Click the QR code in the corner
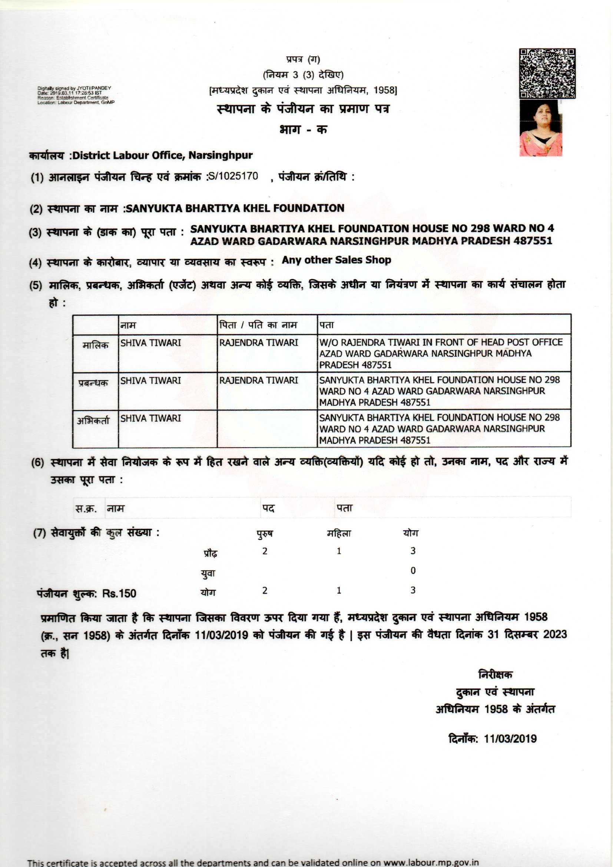pyautogui.click(x=547, y=73)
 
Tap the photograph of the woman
pyautogui.click(x=540, y=128)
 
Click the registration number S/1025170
pyautogui.click(x=233, y=176)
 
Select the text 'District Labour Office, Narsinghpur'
pyautogui.click(x=162, y=155)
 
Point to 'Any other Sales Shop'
pyautogui.click(x=336, y=260)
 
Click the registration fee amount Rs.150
pyautogui.click(x=119, y=593)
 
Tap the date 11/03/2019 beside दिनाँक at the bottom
pyautogui.click(x=510, y=739)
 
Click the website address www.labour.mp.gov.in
pyautogui.click(x=431, y=863)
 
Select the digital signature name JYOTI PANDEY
pyautogui.click(x=94, y=88)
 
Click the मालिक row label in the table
pyautogui.click(x=95, y=345)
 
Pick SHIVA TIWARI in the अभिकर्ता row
pyautogui.click(x=150, y=418)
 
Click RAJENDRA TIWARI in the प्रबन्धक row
pyautogui.click(x=259, y=380)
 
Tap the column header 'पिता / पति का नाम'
pyautogui.click(x=258, y=325)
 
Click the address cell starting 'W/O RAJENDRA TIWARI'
pyautogui.click(x=441, y=353)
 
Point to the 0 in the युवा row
pyautogui.click(x=413, y=570)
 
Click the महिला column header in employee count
pyautogui.click(x=339, y=534)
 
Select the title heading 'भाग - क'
pyautogui.click(x=303, y=129)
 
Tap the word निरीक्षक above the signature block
pyautogui.click(x=495, y=675)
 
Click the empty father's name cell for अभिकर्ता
pyautogui.click(x=267, y=428)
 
